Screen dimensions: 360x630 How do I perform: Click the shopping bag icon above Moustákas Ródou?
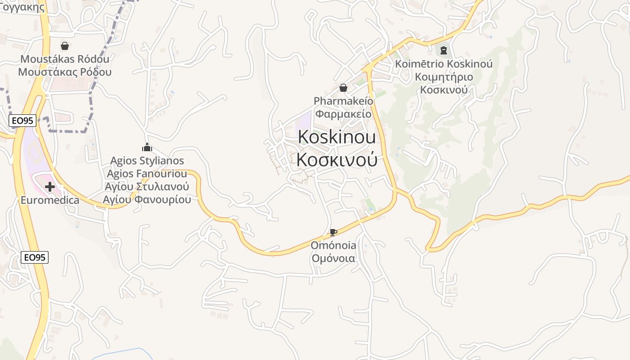(x=65, y=46)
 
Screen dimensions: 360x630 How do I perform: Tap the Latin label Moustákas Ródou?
(x=65, y=59)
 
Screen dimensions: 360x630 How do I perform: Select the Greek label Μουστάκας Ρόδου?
(x=65, y=72)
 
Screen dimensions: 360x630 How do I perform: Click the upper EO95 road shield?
(x=22, y=120)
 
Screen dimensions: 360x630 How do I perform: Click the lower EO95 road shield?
(x=35, y=257)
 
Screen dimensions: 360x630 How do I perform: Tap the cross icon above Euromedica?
(x=50, y=187)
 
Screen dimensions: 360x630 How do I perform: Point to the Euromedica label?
(x=50, y=200)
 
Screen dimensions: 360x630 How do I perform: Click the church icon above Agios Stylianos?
(x=147, y=147)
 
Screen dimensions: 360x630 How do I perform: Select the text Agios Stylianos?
(x=147, y=161)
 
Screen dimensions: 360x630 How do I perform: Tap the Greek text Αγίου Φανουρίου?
(x=147, y=200)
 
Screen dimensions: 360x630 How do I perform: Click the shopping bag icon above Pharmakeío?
(x=343, y=87)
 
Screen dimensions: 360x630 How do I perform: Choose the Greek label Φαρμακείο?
(x=343, y=114)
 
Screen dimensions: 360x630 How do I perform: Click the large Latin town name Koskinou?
(x=337, y=137)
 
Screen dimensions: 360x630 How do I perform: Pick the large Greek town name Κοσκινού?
(x=337, y=159)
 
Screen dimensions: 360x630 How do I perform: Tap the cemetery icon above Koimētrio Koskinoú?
(x=444, y=50)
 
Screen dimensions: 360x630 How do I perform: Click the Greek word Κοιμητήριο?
(x=444, y=77)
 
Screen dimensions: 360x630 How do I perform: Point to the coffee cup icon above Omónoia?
(x=333, y=232)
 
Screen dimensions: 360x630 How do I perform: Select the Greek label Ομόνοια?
(x=333, y=259)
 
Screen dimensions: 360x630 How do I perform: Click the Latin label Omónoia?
(x=333, y=245)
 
